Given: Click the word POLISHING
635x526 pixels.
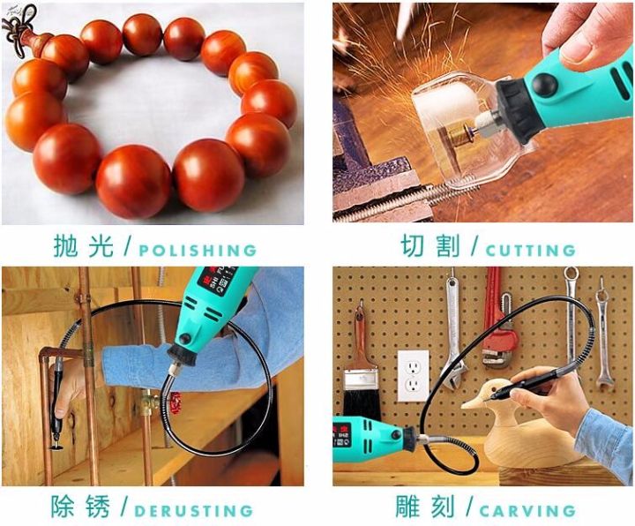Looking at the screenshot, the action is (198, 250).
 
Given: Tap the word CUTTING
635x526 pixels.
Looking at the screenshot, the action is (531, 251).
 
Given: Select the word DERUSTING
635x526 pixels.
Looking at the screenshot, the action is (193, 511).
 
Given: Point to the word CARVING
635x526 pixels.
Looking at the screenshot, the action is (527, 511).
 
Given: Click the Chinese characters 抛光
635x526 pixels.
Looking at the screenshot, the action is (83, 245).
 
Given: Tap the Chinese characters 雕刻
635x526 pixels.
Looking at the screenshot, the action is (425, 507).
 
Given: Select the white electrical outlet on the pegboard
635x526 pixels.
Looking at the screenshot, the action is (413, 376).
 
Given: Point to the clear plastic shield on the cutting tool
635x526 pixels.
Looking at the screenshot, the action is (466, 130).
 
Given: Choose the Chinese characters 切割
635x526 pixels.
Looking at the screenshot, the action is (430, 245).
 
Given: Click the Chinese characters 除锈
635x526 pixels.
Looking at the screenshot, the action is (80, 507).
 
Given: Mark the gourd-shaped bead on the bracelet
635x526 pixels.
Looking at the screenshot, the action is (35, 41).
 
